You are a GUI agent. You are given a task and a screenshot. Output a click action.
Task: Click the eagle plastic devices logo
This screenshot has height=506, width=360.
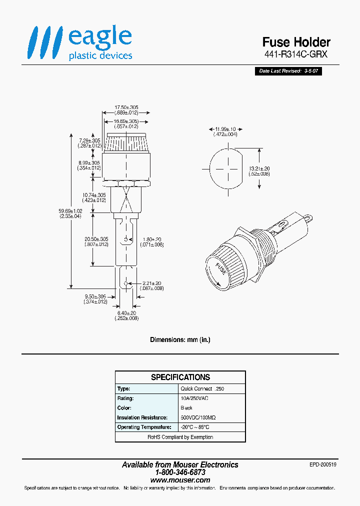click(x=80, y=43)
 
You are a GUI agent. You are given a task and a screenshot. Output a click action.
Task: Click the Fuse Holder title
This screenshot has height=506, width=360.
click(x=296, y=42)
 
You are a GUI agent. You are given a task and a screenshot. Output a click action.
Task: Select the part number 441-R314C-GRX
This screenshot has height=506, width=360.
click(x=295, y=54)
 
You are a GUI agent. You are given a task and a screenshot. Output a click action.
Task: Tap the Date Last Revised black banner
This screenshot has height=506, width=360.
click(x=288, y=71)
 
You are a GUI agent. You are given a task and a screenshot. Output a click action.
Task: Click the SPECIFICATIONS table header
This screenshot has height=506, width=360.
click(x=180, y=377)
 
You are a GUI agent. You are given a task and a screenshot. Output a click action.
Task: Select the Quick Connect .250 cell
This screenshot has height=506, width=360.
click(x=205, y=389)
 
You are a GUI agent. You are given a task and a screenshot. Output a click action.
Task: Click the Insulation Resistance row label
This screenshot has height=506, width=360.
click(x=142, y=417)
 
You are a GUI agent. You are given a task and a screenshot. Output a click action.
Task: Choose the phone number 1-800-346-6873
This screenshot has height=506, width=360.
click(x=180, y=472)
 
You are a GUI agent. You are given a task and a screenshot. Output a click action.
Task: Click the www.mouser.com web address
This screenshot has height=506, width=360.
click(x=180, y=480)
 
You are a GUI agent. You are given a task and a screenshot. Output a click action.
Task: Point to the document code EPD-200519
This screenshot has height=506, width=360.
click(x=323, y=464)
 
